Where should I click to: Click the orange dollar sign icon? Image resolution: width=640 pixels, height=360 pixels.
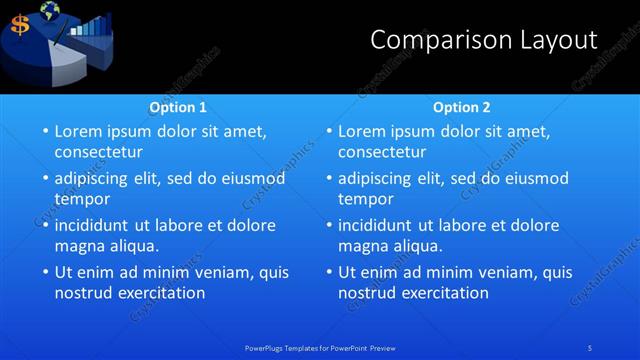click(19, 25)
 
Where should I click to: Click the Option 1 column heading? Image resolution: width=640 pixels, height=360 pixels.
click(178, 106)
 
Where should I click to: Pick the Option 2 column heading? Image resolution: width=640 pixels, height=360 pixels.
click(461, 106)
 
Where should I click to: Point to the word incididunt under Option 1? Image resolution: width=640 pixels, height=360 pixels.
click(97, 225)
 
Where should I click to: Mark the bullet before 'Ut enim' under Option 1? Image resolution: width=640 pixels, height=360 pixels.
click(44, 271)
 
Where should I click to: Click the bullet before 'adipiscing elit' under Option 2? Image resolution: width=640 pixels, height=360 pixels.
click(328, 178)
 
